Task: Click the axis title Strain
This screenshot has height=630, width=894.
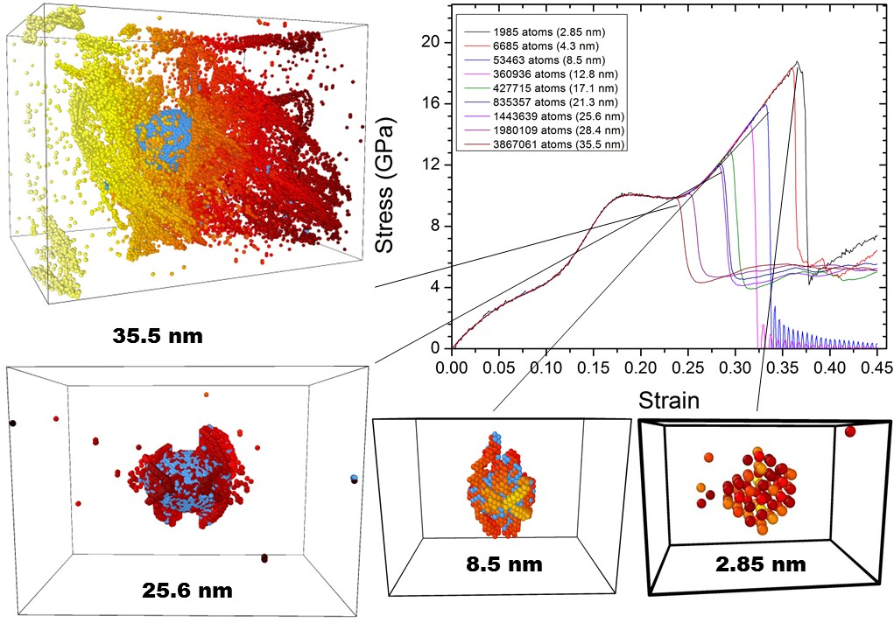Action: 668,401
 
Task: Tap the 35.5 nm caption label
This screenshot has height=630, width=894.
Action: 158,335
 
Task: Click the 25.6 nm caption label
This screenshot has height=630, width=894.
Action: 187,590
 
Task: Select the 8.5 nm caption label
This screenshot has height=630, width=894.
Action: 503,564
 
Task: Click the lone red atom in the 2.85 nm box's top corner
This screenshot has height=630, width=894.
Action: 850,430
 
